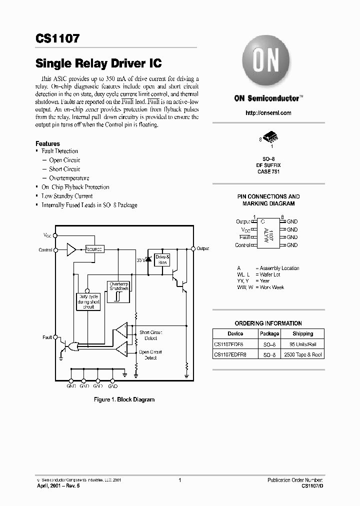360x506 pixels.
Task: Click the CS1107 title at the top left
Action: click(57, 38)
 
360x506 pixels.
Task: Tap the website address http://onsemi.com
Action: click(268, 113)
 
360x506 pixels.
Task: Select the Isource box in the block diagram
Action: click(94, 249)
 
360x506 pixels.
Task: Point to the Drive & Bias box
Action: click(162, 259)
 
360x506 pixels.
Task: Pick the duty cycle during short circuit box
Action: click(88, 301)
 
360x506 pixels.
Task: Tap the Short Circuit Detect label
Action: click(150, 335)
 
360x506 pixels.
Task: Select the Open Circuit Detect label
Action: click(150, 354)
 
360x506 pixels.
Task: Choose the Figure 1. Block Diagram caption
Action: click(124, 399)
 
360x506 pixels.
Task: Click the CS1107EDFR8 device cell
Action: click(234, 354)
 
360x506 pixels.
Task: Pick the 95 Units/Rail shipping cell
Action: click(302, 344)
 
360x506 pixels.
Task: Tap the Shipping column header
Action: click(302, 333)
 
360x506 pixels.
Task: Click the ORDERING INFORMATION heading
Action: click(268, 323)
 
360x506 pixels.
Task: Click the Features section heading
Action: click(47, 143)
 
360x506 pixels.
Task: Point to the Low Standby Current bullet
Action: click(67, 196)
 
